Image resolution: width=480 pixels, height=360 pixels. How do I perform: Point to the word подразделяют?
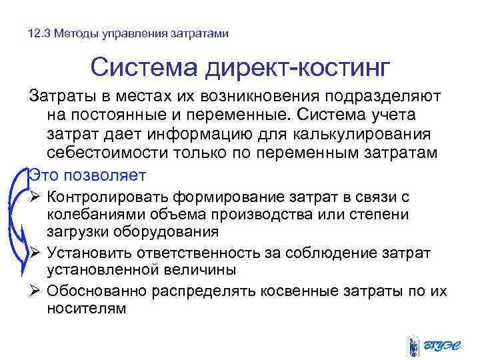tap(382, 97)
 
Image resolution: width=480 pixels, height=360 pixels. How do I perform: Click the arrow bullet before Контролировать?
tap(36, 197)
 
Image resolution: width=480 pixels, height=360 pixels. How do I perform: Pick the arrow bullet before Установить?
tap(36, 253)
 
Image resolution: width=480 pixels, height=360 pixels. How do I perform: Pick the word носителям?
tap(86, 309)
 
